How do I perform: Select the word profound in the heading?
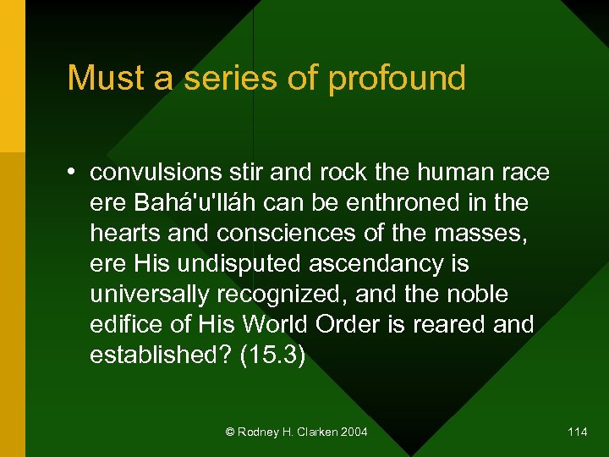coord(397,78)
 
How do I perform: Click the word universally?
coord(150,295)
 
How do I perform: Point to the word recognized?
coord(280,295)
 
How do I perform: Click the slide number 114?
coord(578,432)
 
